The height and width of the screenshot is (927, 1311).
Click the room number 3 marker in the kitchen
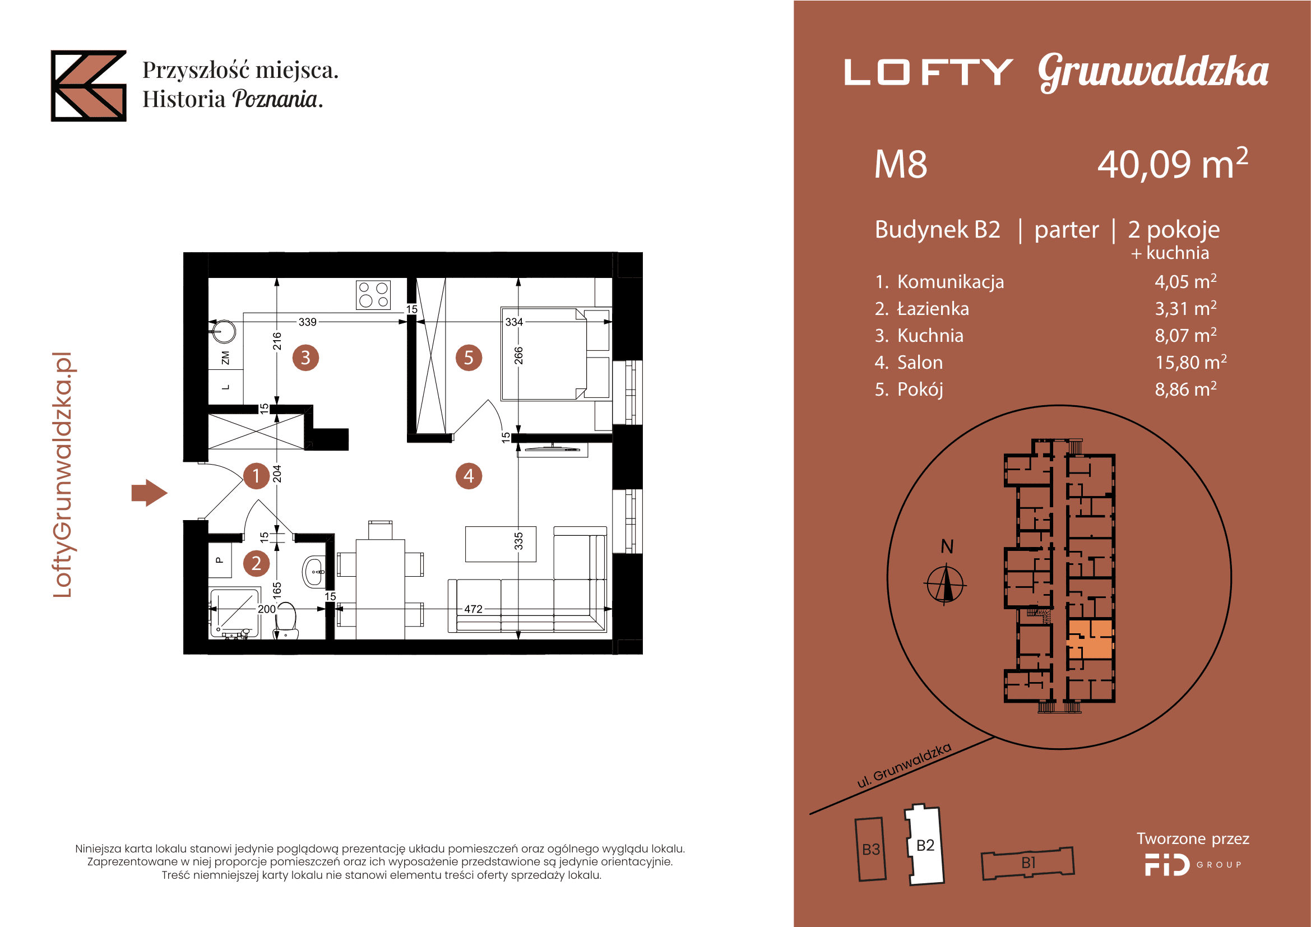pyautogui.click(x=305, y=358)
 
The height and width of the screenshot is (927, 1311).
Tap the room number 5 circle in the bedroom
pyautogui.click(x=469, y=358)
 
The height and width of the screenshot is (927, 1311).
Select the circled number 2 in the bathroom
pyautogui.click(x=256, y=563)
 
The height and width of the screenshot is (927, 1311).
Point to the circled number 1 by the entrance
pyautogui.click(x=256, y=475)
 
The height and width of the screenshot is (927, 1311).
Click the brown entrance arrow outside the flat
pyautogui.click(x=149, y=493)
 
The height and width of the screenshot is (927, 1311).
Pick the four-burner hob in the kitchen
pyautogui.click(x=373, y=295)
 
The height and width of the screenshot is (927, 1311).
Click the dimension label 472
pyautogui.click(x=474, y=609)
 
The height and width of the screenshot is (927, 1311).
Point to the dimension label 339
pyautogui.click(x=307, y=322)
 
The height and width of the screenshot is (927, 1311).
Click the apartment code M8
pyautogui.click(x=901, y=164)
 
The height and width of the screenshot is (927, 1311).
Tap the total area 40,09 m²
pyautogui.click(x=1172, y=163)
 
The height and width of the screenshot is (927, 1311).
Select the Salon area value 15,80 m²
pyautogui.click(x=1190, y=362)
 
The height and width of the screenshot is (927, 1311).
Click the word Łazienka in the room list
pyautogui.click(x=933, y=308)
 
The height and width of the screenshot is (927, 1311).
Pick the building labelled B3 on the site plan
pyautogui.click(x=871, y=849)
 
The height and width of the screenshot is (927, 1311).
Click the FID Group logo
pyautogui.click(x=1193, y=865)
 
